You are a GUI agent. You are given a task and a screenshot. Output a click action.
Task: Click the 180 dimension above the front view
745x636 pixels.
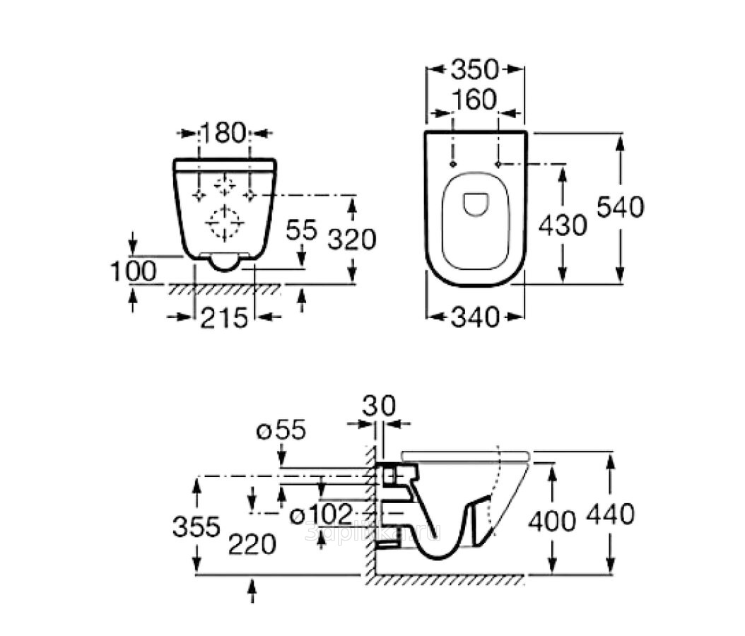(224, 132)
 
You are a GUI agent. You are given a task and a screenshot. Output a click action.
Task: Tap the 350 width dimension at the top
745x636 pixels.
(475, 69)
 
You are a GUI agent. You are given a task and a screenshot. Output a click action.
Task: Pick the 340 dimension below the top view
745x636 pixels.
(475, 318)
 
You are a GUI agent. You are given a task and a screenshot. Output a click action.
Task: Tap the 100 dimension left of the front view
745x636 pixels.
(133, 271)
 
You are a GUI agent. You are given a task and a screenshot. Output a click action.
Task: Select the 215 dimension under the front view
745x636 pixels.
(224, 318)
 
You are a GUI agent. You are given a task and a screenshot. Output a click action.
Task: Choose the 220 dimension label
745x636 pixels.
(252, 544)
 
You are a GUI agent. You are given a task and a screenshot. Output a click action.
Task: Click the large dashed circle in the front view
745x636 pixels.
(224, 224)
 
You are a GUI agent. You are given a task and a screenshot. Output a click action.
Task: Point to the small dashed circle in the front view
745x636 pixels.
(225, 186)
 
